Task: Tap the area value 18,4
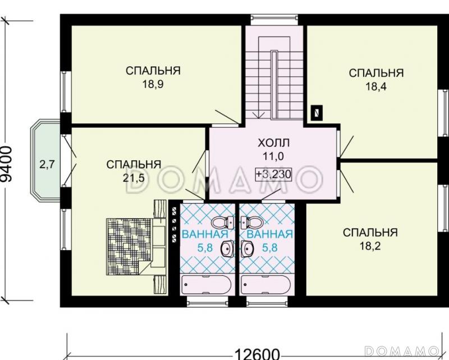(376, 86)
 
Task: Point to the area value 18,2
(370, 246)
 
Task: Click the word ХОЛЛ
(273, 142)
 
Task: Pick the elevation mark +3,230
(273, 174)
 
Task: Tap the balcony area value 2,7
(46, 164)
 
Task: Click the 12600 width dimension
(257, 353)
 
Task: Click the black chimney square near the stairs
(317, 112)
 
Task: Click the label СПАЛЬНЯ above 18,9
(153, 71)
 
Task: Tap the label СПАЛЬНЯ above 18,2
(370, 232)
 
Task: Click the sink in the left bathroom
(228, 248)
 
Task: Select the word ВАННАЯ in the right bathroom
(269, 234)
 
